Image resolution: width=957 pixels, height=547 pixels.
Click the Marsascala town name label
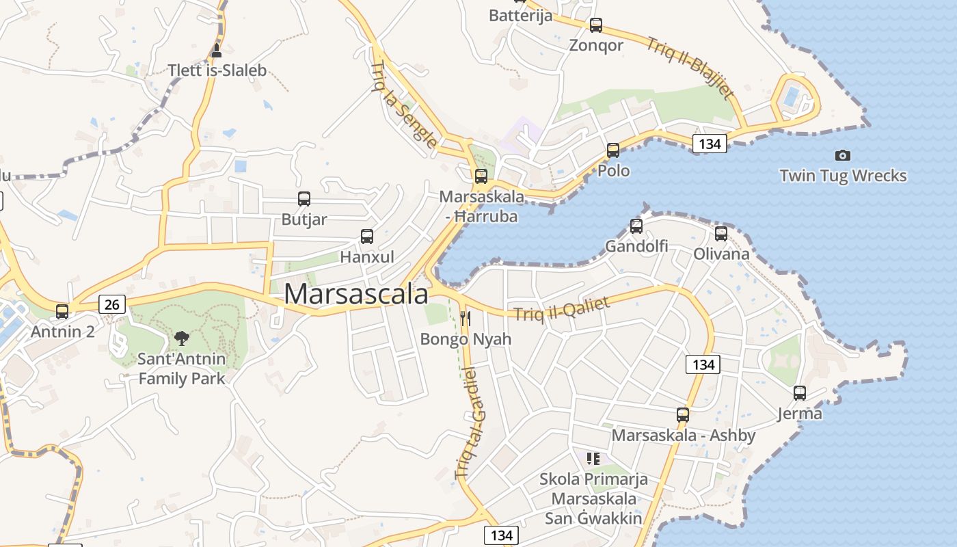tap(356, 295)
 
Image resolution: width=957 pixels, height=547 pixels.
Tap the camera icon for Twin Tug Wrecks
tap(843, 156)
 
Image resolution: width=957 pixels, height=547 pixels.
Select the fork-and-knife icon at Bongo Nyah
tap(466, 318)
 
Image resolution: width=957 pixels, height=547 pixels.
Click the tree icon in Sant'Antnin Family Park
tap(181, 337)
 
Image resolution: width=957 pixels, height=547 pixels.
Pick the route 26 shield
tap(112, 304)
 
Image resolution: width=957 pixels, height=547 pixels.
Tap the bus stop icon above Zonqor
tap(596, 25)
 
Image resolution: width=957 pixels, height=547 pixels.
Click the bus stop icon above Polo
tap(613, 150)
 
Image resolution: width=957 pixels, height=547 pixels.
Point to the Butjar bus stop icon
tap(304, 199)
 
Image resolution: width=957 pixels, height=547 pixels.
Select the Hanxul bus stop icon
tap(367, 237)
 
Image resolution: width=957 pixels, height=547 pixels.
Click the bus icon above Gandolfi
tap(636, 226)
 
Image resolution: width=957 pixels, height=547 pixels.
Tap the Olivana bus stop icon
tap(721, 234)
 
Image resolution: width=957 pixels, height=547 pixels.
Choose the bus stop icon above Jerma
tap(800, 393)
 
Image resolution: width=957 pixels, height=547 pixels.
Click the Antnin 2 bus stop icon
tap(62, 312)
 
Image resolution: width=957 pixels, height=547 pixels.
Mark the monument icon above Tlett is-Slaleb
tap(217, 50)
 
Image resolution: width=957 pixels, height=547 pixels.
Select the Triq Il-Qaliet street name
tap(561, 308)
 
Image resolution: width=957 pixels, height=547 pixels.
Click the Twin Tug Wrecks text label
tap(843, 176)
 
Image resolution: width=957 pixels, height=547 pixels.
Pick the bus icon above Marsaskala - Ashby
tap(683, 414)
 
